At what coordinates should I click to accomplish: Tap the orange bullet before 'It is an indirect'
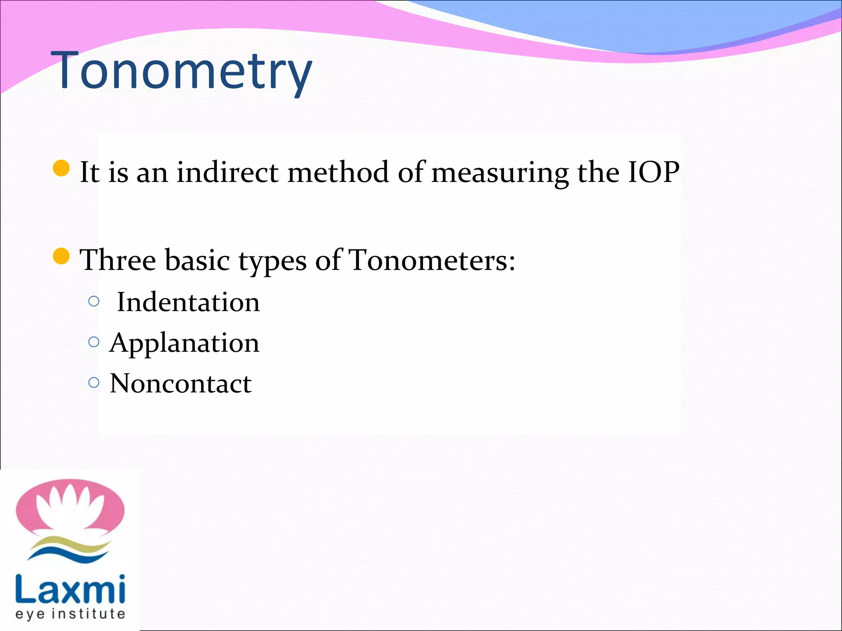(61, 168)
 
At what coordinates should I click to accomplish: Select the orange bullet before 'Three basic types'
(61, 256)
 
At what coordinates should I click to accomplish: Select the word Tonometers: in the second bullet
(432, 260)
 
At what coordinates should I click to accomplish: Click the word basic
(197, 260)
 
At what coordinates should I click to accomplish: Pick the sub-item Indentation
(188, 302)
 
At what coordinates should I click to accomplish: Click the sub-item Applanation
(184, 343)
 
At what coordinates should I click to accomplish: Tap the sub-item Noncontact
(180, 384)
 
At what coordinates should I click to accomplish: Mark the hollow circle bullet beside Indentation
(94, 302)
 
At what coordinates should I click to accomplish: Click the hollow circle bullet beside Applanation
(94, 342)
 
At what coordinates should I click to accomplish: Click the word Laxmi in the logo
(70, 589)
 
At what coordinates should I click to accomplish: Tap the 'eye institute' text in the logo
(70, 614)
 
